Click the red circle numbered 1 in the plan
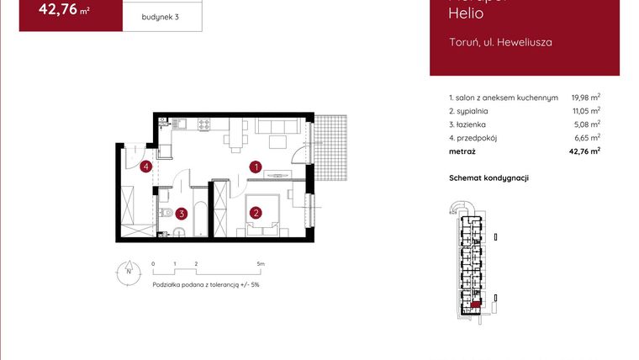pyautogui.click(x=256, y=167)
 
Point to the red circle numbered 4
pyautogui.click(x=146, y=167)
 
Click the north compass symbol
pyautogui.click(x=128, y=270)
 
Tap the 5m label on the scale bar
pyautogui.click(x=261, y=264)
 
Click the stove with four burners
pyautogui.click(x=204, y=125)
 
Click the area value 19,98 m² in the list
pyautogui.click(x=585, y=98)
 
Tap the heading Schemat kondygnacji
pyautogui.click(x=488, y=178)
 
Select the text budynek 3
pyautogui.click(x=161, y=17)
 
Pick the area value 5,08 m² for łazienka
pyautogui.click(x=587, y=124)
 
